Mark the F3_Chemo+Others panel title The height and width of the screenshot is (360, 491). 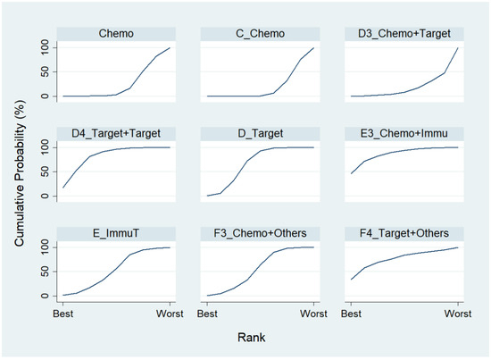pyautogui.click(x=260, y=234)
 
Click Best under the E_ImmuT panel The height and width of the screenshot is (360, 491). pyautogui.click(x=62, y=314)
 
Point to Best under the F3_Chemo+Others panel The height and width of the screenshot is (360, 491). pyautogui.click(x=207, y=314)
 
